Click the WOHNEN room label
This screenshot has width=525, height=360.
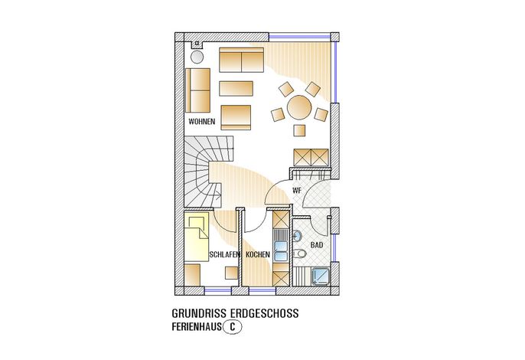tap(201, 121)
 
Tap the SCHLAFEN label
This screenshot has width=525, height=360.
tap(225, 254)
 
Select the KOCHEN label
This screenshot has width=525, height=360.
tap(258, 254)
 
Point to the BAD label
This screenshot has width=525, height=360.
tap(317, 245)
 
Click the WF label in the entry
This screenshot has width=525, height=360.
tap(297, 191)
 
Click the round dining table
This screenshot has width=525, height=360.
tap(299, 107)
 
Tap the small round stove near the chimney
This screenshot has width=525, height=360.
tap(197, 57)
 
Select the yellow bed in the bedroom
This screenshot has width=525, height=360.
tap(196, 237)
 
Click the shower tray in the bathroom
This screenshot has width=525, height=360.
tap(321, 277)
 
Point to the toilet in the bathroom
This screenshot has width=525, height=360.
tap(300, 254)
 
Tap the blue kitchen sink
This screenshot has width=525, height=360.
tap(281, 251)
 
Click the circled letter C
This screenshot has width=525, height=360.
tap(232, 326)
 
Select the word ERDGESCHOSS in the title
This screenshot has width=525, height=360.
tap(265, 313)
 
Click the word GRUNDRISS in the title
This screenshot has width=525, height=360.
tap(199, 313)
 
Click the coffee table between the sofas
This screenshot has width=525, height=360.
tap(236, 89)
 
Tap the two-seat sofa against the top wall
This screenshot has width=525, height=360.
tap(241, 60)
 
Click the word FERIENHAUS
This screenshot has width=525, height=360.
tap(197, 326)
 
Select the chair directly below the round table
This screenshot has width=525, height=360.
tap(299, 130)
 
